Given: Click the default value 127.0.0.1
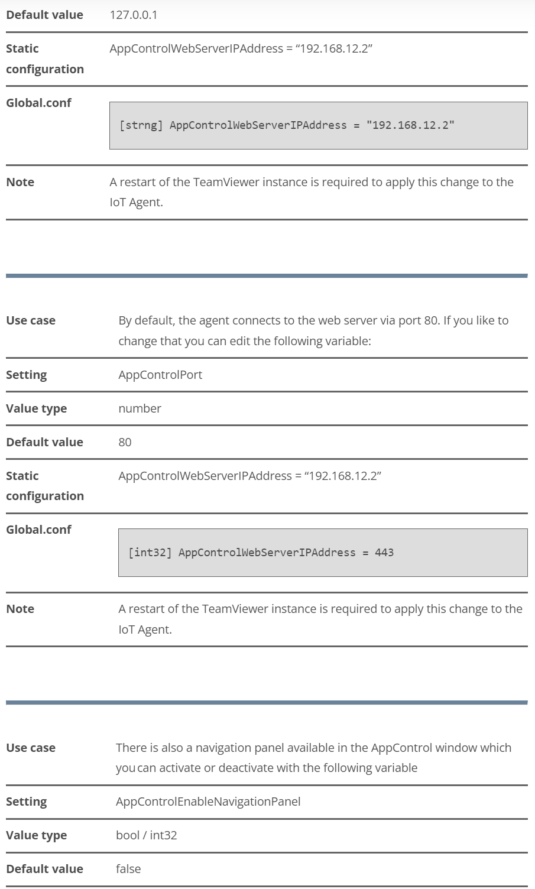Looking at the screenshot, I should (134, 15).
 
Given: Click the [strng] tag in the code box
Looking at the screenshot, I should (141, 125).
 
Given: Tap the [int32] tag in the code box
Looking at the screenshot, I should (150, 553).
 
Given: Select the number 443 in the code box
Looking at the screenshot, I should (384, 553).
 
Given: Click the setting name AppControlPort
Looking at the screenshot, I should (160, 375).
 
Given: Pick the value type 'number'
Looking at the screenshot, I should (140, 408).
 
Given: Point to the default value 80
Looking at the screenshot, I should (125, 442).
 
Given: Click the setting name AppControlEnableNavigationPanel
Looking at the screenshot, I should (208, 802).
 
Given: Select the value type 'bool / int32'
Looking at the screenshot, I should (146, 835).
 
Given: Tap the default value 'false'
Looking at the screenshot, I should (128, 869).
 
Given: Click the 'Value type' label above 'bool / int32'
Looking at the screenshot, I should (37, 835).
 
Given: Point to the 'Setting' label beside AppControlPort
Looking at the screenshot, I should (27, 375).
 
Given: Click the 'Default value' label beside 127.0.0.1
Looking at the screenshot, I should (45, 15).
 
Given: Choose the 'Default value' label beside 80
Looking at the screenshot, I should (45, 442).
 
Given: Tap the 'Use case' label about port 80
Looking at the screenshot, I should (31, 320).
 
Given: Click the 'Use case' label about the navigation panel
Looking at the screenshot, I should (31, 748).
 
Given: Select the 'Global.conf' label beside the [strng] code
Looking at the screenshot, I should (38, 103).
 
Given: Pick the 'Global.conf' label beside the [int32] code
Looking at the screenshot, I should (38, 530).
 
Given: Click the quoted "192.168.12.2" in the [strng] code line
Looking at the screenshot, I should (410, 125).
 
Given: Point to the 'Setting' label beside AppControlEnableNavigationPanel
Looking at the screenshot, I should (27, 802).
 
